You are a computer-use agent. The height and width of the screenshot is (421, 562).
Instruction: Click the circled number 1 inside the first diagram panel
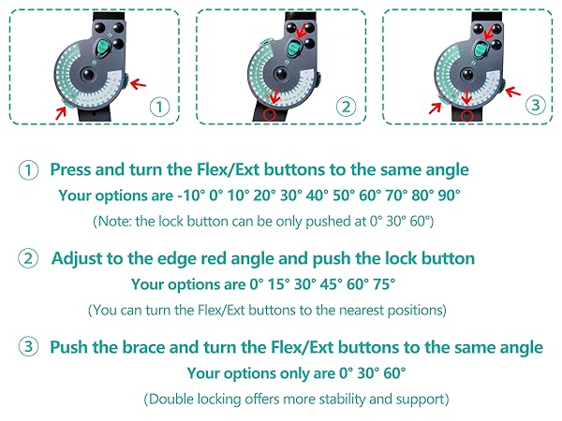coord(159,107)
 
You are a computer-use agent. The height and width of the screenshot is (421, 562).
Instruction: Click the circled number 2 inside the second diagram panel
coord(346,107)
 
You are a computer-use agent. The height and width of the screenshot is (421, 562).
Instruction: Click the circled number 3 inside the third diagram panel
coord(536,105)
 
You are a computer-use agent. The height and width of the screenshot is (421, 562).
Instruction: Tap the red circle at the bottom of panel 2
coord(270,114)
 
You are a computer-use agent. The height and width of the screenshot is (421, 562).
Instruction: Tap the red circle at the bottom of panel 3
coord(466,115)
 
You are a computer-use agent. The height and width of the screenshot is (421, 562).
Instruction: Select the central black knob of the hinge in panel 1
coord(87,75)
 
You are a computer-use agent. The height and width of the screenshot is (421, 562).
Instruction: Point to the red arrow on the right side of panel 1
coord(139,84)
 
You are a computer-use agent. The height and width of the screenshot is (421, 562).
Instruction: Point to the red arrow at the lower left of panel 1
coord(61,113)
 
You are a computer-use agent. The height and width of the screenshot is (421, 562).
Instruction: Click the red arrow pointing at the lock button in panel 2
coord(302,31)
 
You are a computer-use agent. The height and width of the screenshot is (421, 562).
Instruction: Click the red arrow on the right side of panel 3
coord(513,92)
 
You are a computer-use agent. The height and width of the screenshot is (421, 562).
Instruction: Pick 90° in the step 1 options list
coord(449,196)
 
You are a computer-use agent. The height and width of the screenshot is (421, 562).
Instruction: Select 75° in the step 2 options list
coord(384,284)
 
